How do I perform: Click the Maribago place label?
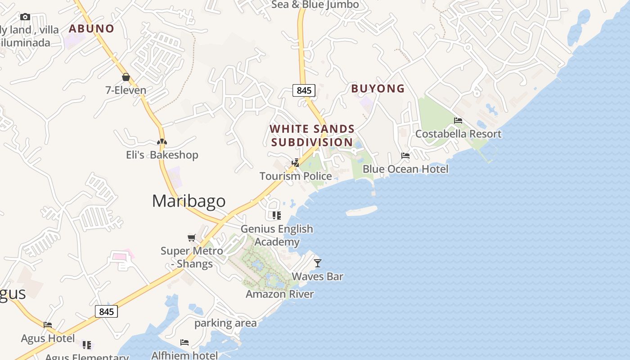tap(189, 201)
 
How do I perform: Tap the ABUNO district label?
tap(91, 29)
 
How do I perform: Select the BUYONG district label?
tap(378, 89)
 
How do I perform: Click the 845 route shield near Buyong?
tap(304, 90)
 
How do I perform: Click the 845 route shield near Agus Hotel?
tap(106, 311)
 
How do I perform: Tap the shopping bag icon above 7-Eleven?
tap(126, 77)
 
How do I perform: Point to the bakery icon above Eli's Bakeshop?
tap(162, 142)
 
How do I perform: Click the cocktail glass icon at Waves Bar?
tap(318, 263)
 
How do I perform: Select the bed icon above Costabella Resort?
tap(458, 121)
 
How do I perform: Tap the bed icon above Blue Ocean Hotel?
tap(405, 156)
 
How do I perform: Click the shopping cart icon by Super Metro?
tap(192, 238)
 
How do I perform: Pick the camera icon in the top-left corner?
tap(25, 17)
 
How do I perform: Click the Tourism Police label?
tap(296, 176)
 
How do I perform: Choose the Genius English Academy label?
tap(277, 235)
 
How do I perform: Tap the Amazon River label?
tap(279, 294)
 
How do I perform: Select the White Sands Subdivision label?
tap(312, 135)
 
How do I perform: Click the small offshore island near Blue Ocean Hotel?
tap(361, 211)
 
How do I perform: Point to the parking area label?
tap(225, 323)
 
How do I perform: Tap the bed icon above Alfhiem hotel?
tap(184, 342)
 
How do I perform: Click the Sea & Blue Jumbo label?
tap(315, 5)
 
